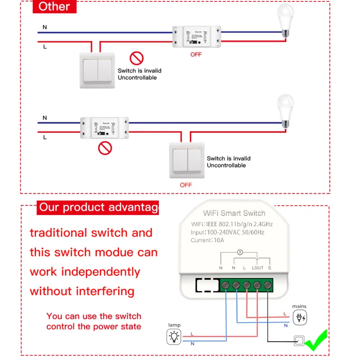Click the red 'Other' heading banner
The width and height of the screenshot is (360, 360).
click(x=54, y=6)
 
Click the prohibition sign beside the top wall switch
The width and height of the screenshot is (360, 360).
click(x=136, y=58)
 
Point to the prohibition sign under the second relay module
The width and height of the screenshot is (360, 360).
click(x=105, y=148)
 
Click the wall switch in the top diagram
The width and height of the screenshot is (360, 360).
click(x=97, y=70)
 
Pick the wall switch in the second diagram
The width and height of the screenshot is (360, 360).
click(x=186, y=159)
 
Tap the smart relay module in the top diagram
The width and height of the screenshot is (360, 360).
click(x=196, y=36)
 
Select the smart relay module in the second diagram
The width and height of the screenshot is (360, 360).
click(x=104, y=127)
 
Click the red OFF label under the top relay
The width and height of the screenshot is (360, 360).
click(x=196, y=55)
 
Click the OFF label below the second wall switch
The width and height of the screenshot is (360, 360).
click(x=186, y=185)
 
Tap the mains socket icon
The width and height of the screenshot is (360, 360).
click(x=299, y=318)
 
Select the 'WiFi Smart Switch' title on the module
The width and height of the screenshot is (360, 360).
click(x=234, y=213)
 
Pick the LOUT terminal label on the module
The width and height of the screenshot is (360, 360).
click(x=257, y=268)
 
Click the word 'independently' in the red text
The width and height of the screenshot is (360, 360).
click(x=101, y=272)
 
